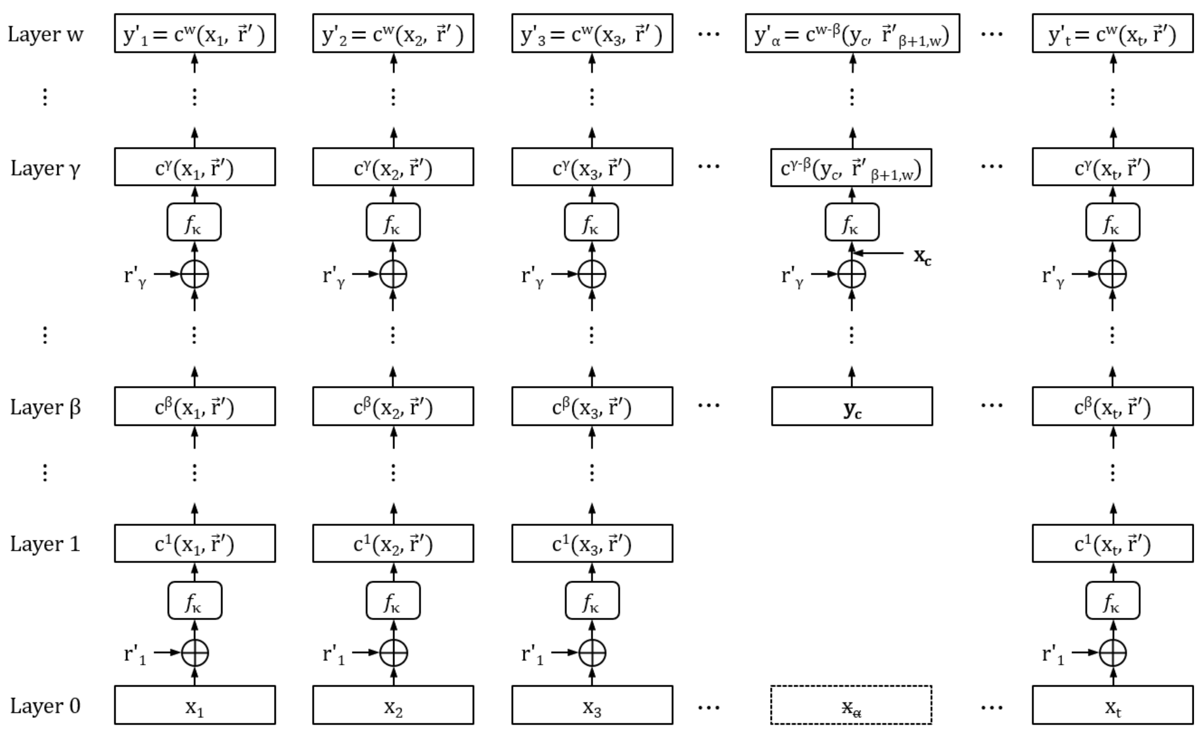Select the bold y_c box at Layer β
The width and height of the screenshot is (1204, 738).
[x=852, y=406]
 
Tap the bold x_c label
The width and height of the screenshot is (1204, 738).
[x=922, y=256]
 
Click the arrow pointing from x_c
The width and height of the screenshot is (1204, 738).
[x=879, y=253]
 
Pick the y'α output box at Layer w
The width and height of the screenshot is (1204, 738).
[x=852, y=33]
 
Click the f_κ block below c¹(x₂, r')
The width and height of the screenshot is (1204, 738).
[x=393, y=600]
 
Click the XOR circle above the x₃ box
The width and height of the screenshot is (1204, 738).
[x=592, y=652]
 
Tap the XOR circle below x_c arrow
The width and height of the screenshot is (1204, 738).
[x=852, y=274]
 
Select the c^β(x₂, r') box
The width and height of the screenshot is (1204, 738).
[x=393, y=406]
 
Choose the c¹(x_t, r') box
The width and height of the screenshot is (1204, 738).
[x=1113, y=544]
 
